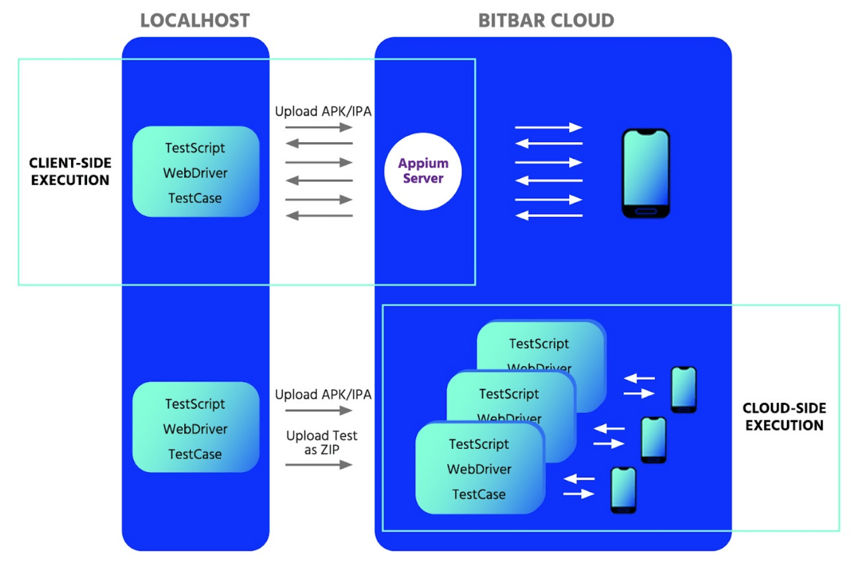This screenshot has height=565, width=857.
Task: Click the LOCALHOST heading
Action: tap(195, 21)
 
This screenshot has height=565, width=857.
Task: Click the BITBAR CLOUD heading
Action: tap(546, 21)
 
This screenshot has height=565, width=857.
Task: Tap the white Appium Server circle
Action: tap(423, 171)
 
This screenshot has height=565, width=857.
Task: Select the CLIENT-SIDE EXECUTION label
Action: tap(70, 171)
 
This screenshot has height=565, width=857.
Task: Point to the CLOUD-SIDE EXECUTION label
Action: tap(784, 417)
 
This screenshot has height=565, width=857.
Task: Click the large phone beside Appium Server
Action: tap(645, 173)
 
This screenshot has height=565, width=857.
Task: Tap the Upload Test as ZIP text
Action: tap(322, 443)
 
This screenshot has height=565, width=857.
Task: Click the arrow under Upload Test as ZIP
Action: tap(319, 465)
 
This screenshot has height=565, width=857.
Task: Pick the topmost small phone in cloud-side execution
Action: tap(683, 390)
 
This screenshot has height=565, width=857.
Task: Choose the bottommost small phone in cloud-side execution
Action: tap(623, 490)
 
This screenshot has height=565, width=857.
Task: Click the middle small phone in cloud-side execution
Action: tap(653, 440)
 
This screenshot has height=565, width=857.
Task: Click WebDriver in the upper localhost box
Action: tap(195, 173)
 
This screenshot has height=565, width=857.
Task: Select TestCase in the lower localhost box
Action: tap(195, 455)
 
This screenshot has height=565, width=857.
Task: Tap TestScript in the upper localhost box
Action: tap(195, 148)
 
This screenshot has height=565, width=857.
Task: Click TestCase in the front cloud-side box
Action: tap(479, 494)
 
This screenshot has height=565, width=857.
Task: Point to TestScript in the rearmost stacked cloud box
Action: tap(539, 344)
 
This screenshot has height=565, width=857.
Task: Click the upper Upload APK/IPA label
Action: tap(323, 112)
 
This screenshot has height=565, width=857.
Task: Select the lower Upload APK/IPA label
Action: tap(323, 395)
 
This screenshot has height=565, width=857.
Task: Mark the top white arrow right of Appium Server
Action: tap(549, 128)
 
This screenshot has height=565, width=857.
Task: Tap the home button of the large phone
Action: tap(645, 211)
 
